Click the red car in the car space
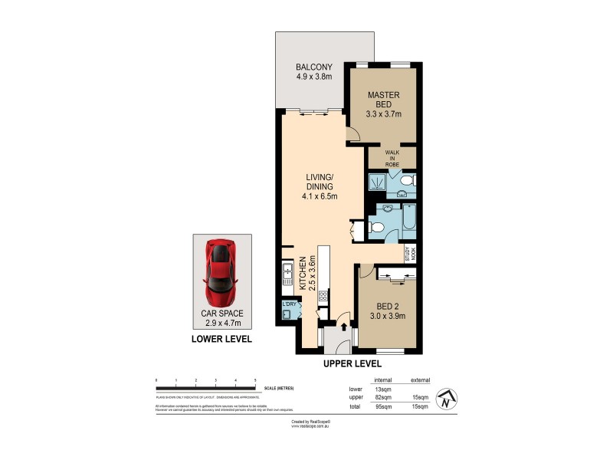pyautogui.click(x=220, y=271)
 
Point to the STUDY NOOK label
pyautogui.click(x=411, y=254)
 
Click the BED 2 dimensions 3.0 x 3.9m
pyautogui.click(x=388, y=315)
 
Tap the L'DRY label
pyautogui.click(x=289, y=304)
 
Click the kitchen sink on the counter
pyautogui.click(x=287, y=273)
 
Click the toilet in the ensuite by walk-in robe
pyautogui.click(x=408, y=181)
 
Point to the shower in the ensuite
pyautogui.click(x=378, y=182)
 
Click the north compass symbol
pyautogui.click(x=447, y=399)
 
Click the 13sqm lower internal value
pyautogui.click(x=382, y=389)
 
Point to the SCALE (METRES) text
pyautogui.click(x=280, y=388)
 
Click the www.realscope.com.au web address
pyautogui.click(x=310, y=426)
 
